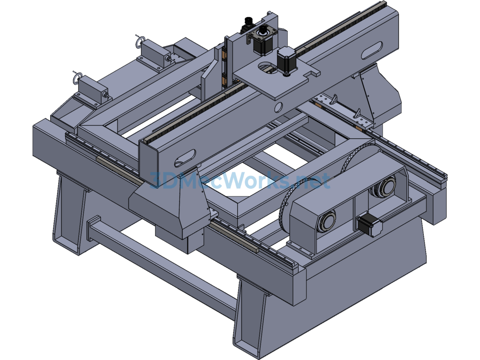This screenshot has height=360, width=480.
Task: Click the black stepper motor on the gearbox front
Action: [x=370, y=225]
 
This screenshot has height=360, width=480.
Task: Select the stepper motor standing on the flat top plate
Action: [x=286, y=61]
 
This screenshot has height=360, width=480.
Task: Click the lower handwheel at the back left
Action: [x=77, y=78]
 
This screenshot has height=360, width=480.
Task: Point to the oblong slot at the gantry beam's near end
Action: [x=185, y=158]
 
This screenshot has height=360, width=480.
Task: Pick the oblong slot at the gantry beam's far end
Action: [x=372, y=51]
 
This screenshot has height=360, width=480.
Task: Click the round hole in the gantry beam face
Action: [x=278, y=107]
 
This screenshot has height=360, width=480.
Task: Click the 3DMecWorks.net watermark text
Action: [x=240, y=180]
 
